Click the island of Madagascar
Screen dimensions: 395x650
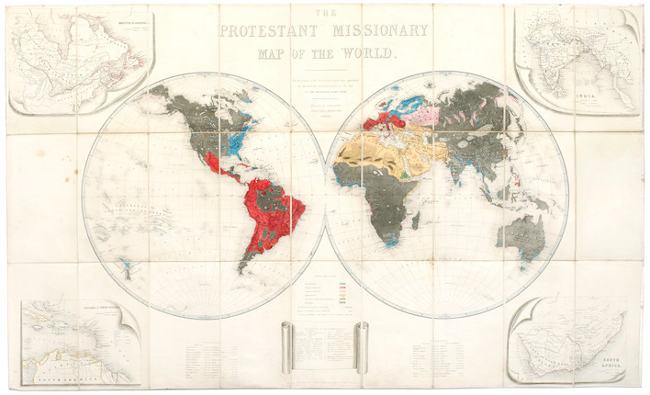[416, 220]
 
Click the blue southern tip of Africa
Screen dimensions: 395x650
[389, 243]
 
